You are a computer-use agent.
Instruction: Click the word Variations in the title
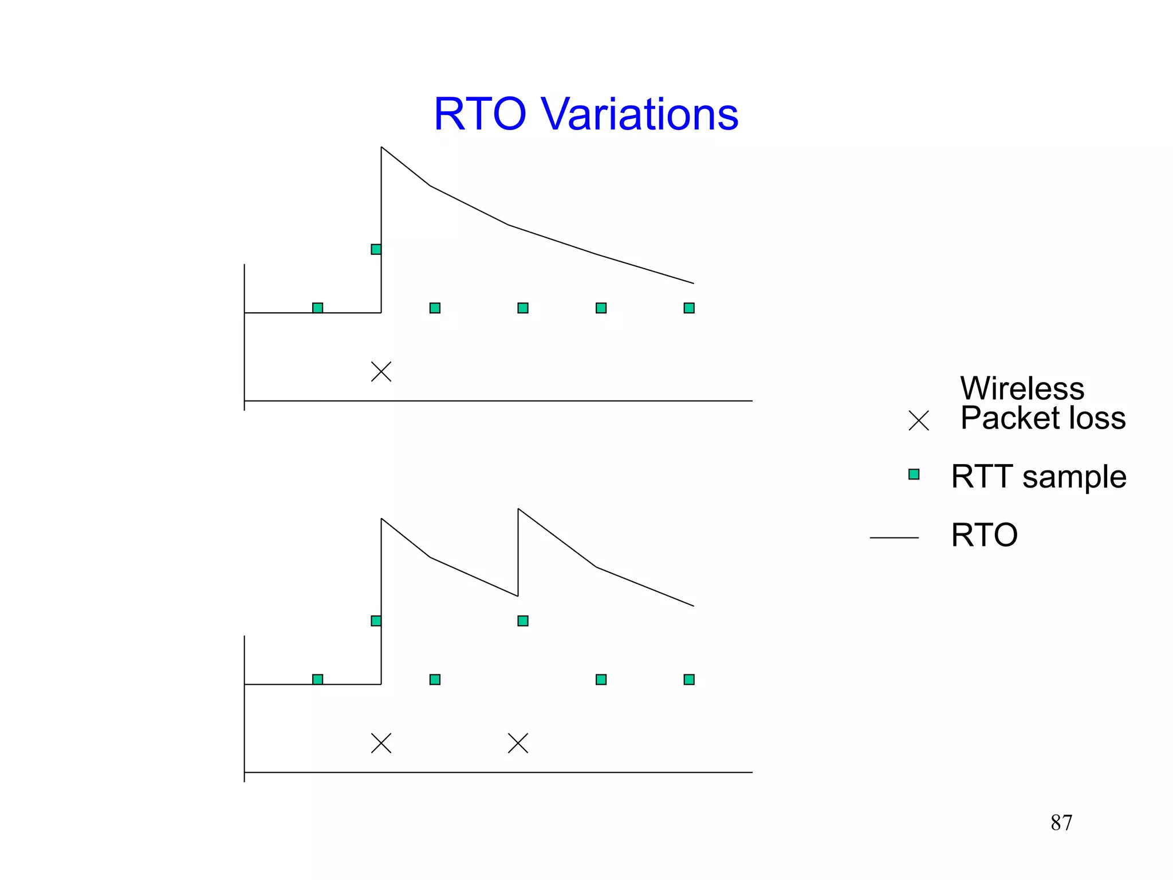[x=639, y=114]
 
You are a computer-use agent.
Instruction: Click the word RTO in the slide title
[x=479, y=114]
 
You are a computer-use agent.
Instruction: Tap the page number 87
[x=1061, y=823]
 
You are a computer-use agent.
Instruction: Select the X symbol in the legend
[x=919, y=421]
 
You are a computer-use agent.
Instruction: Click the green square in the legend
[x=914, y=474]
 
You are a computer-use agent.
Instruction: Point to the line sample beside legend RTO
[x=894, y=538]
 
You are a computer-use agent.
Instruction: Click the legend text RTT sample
[x=1038, y=477]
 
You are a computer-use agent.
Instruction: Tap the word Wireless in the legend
[x=1022, y=388]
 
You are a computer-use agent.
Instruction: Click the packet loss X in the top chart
[x=381, y=372]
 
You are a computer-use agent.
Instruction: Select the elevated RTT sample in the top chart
[x=376, y=249]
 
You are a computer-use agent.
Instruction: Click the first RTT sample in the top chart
[x=318, y=308]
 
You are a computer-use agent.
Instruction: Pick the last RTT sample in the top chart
[x=689, y=308]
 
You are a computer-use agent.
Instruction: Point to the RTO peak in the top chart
[x=382, y=148]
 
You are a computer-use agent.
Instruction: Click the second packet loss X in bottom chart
[x=518, y=744]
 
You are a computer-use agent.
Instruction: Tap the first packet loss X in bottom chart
[x=381, y=744]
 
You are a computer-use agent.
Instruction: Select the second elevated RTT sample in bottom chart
[x=523, y=621]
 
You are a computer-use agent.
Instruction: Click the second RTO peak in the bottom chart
[x=518, y=509]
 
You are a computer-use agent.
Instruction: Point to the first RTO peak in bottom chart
[x=382, y=519]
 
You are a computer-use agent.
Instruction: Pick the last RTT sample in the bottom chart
[x=689, y=679]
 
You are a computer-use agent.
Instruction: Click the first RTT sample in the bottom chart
[x=318, y=679]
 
